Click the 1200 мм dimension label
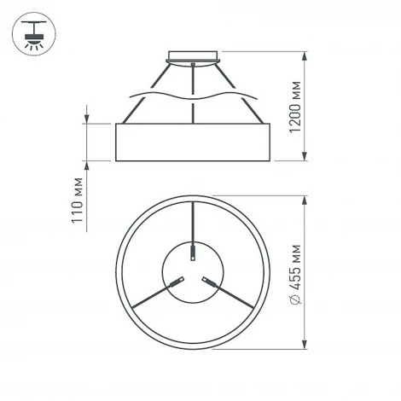[x=295, y=108]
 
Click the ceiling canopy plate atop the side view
[x=195, y=58]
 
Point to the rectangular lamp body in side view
[x=194, y=142]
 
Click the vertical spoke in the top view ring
[x=195, y=224]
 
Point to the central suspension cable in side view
[x=195, y=90]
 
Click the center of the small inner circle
[x=195, y=272]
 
